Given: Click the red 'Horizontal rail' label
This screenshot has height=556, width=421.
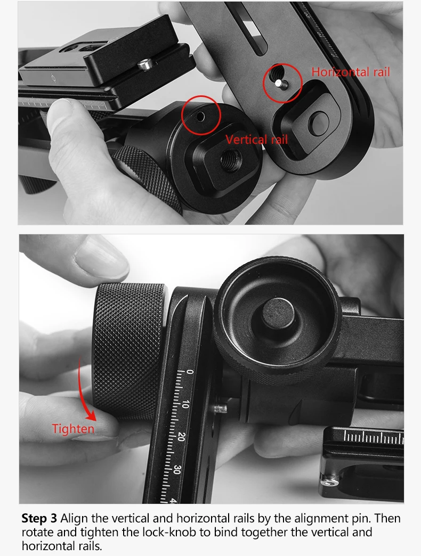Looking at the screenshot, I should click(351, 72).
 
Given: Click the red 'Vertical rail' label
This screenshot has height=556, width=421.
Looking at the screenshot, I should click(256, 140).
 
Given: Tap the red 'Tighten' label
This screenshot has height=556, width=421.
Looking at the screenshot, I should click(73, 429).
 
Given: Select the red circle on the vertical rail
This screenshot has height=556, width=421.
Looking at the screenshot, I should click(201, 116).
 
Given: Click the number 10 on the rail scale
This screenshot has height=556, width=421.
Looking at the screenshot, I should click(184, 405).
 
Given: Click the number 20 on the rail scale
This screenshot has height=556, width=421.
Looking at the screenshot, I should click(181, 437).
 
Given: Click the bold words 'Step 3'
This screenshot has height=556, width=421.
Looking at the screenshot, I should click(39, 518).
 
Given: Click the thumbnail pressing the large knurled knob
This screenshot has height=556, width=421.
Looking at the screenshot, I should click(101, 260).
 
